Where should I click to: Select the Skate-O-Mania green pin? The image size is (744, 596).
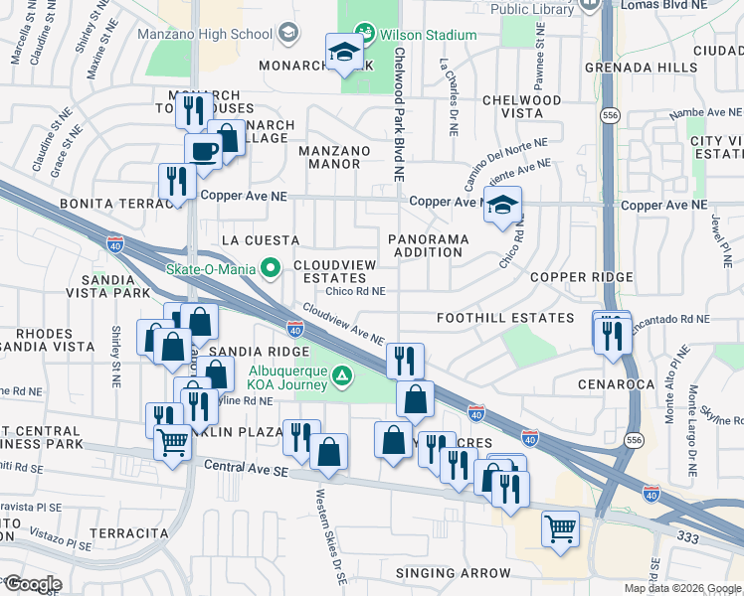pyautogui.click(x=268, y=267)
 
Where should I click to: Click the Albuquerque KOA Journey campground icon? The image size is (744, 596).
pyautogui.click(x=341, y=374)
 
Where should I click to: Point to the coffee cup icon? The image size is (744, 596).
pyautogui.click(x=205, y=152)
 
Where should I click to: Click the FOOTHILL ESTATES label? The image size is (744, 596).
pyautogui.click(x=505, y=318)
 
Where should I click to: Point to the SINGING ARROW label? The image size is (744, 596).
pyautogui.click(x=453, y=573)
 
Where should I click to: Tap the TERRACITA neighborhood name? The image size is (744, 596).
pyautogui.click(x=128, y=533)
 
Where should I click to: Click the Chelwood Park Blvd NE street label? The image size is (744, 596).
pyautogui.click(x=399, y=113)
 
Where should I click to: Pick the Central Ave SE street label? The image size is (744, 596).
pyautogui.click(x=245, y=466)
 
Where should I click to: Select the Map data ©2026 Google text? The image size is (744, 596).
pyautogui.click(x=681, y=588)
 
